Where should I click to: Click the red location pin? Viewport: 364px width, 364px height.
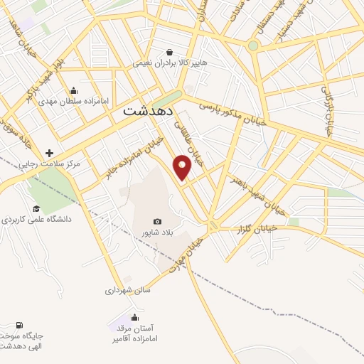click(x=183, y=166)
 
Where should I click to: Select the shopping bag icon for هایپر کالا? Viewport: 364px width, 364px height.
click(x=169, y=52)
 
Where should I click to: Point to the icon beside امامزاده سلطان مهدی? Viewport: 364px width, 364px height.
click(x=74, y=90)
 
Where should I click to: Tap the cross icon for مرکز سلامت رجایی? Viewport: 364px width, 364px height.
click(x=49, y=153)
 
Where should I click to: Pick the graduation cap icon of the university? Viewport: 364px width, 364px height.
click(x=36, y=208)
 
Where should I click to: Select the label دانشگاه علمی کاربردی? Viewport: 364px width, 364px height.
click(x=37, y=220)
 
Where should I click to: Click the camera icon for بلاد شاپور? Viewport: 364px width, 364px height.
click(x=157, y=222)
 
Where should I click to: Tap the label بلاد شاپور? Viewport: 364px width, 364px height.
click(x=157, y=232)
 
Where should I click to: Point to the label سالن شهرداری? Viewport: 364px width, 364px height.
click(x=124, y=290)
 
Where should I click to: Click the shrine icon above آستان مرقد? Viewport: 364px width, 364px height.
click(x=134, y=317)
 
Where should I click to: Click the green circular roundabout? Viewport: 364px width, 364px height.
click(x=252, y=45)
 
